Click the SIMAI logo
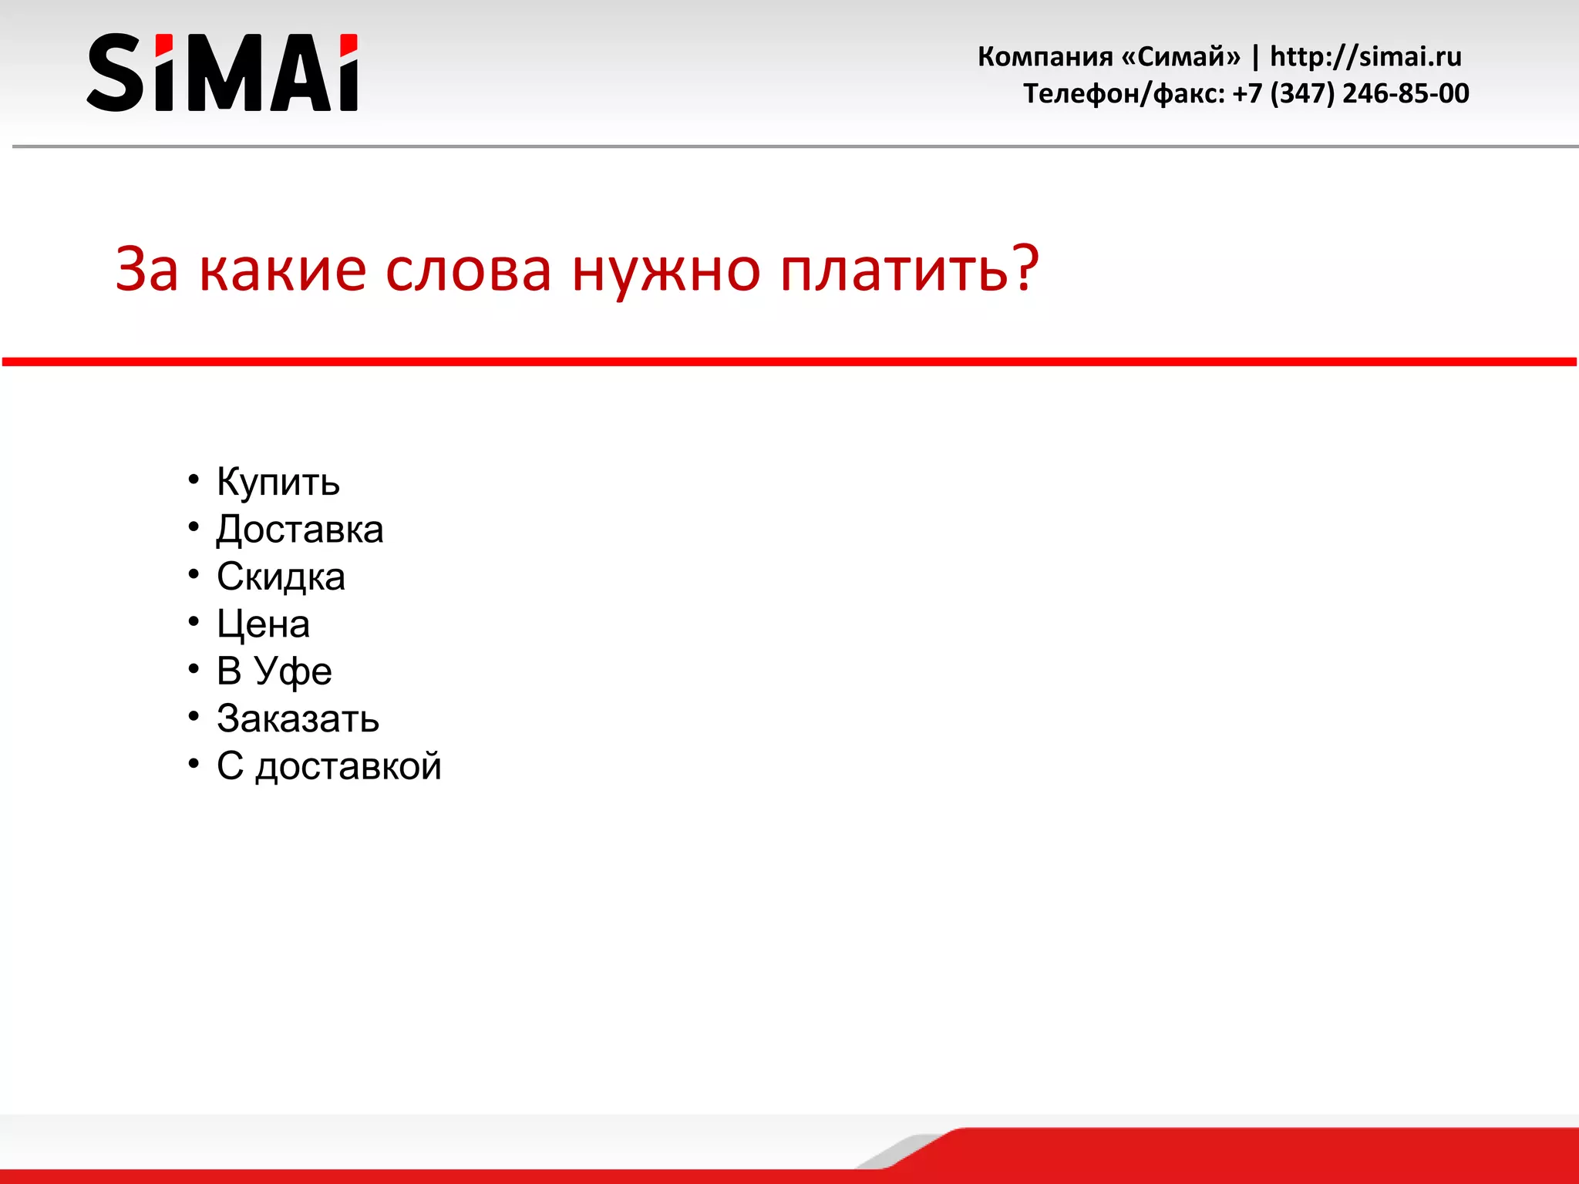point(222,72)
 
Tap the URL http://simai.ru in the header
point(1365,56)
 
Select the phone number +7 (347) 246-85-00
point(1351,93)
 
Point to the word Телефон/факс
point(1123,93)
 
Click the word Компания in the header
point(1045,56)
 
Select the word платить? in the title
point(910,270)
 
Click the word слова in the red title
point(468,270)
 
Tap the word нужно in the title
point(666,270)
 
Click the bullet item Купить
point(278,483)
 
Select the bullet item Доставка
point(299,530)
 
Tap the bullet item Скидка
point(281,577)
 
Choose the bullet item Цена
point(263,624)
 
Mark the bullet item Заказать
point(298,718)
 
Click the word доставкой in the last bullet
point(348,766)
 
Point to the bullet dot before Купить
point(194,479)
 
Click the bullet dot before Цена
point(194,621)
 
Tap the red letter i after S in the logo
point(164,73)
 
